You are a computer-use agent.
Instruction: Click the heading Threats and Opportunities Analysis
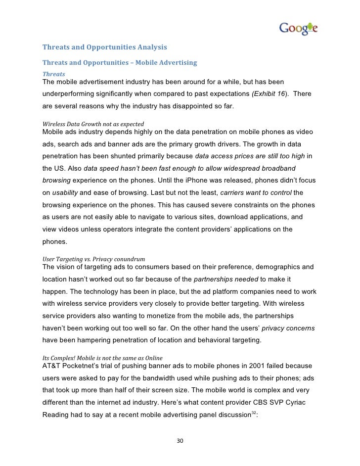[105, 48]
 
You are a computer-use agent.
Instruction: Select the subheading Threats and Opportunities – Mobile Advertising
[120, 63]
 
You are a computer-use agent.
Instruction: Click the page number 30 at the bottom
[180, 441]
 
